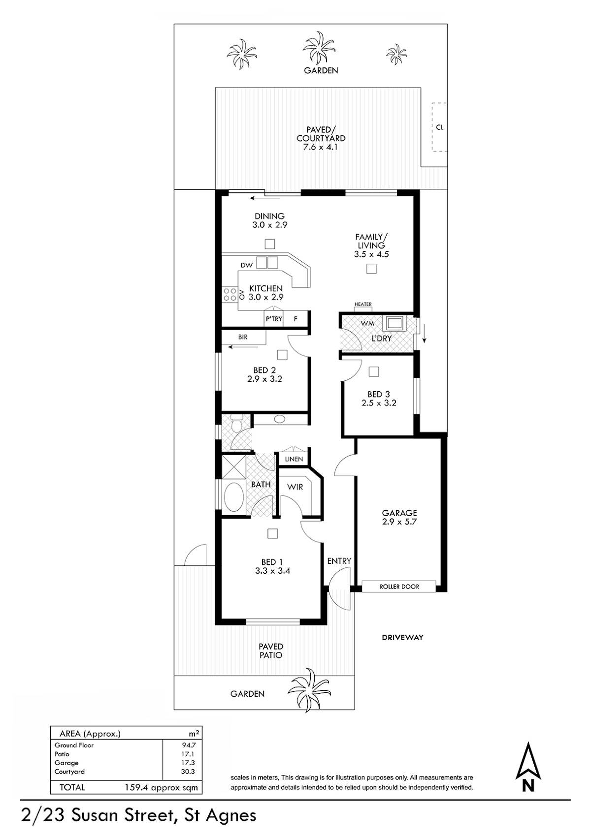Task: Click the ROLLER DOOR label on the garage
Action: [399, 587]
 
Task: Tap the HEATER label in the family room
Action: [363, 304]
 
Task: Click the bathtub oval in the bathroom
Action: [234, 498]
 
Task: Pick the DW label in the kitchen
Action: [247, 265]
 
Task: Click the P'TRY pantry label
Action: [274, 319]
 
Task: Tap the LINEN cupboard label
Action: [294, 459]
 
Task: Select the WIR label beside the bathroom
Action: [295, 487]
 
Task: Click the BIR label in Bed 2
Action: [243, 337]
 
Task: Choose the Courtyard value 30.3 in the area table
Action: [188, 771]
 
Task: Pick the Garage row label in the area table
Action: [66, 763]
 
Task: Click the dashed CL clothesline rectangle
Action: [439, 127]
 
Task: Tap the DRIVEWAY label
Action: [402, 637]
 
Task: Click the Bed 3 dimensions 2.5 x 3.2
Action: [379, 403]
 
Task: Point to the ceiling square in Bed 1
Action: [273, 533]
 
